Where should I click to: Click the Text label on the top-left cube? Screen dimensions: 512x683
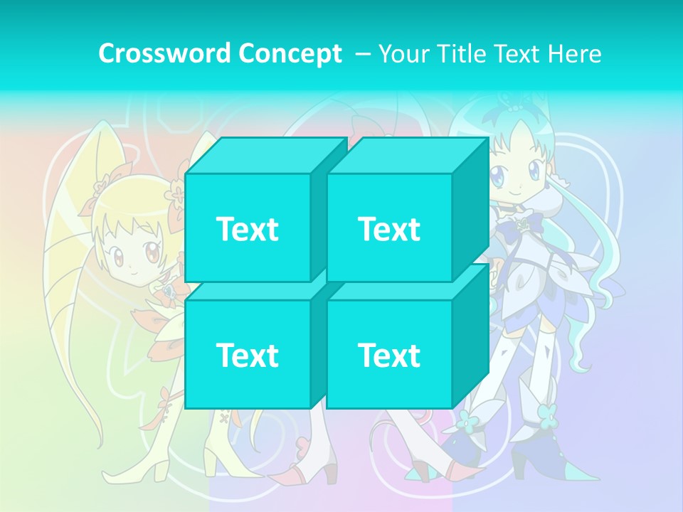pyautogui.click(x=247, y=229)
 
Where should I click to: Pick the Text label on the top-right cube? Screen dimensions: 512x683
pyautogui.click(x=389, y=229)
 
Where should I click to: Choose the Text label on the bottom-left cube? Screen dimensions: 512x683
pyautogui.click(x=247, y=355)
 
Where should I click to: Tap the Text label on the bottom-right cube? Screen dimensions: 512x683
pyautogui.click(x=389, y=355)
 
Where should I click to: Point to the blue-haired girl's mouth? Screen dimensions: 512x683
pyautogui.click(x=517, y=193)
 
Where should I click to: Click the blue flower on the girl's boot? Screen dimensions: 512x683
pyautogui.click(x=547, y=412)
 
